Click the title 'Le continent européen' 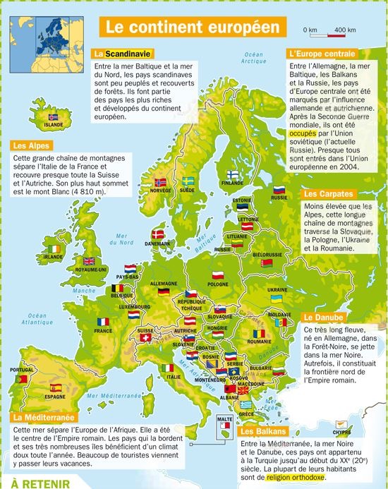[193, 28]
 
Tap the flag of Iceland [54, 116]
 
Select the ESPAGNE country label [54, 397]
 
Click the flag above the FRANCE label [104, 322]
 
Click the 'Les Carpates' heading [329, 193]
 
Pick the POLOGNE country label [219, 284]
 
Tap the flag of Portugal [21, 379]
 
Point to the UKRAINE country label [277, 289]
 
